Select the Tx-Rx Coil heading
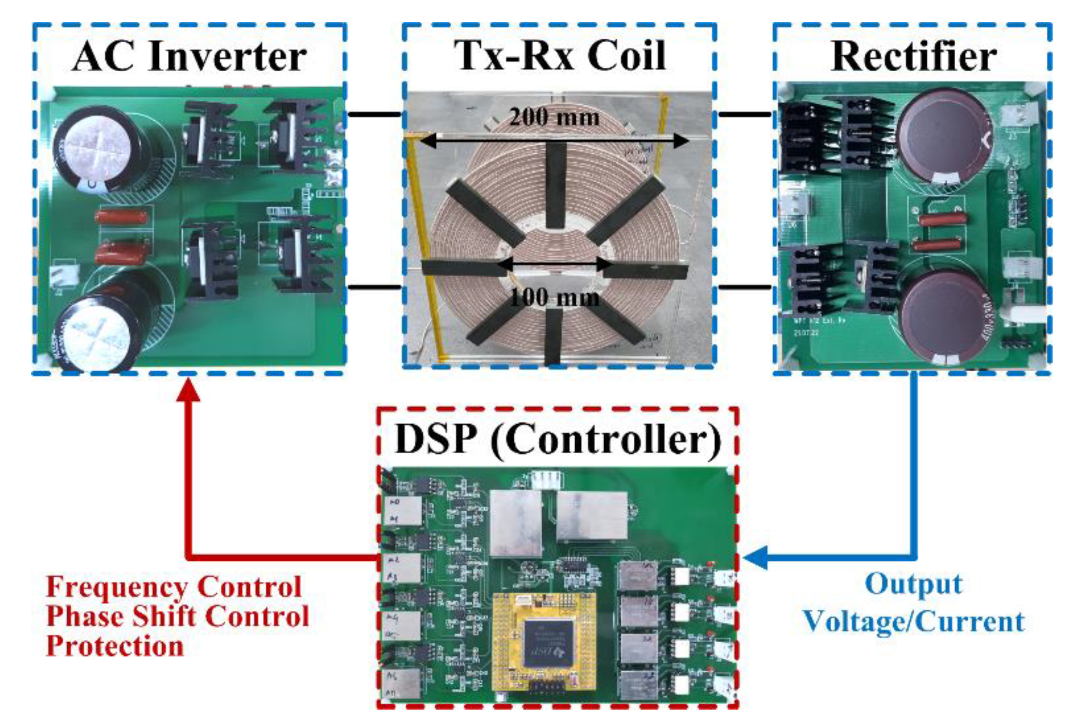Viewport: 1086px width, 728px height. pyautogui.click(x=559, y=55)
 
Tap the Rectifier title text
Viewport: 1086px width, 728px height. pyautogui.click(x=913, y=56)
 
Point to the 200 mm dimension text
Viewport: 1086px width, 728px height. pyautogui.click(x=554, y=117)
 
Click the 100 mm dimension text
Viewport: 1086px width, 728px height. pyautogui.click(x=555, y=297)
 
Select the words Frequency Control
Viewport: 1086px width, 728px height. pyautogui.click(x=173, y=587)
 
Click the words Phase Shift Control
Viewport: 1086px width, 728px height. pyautogui.click(x=177, y=617)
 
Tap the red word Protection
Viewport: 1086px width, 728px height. pyautogui.click(x=115, y=646)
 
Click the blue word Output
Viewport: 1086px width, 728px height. pyautogui.click(x=913, y=584)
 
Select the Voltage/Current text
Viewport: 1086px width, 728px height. pyautogui.click(x=913, y=621)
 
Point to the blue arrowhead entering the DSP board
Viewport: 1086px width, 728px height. pyautogui.click(x=755, y=557)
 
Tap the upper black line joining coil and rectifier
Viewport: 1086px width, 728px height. pyautogui.click(x=745, y=115)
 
